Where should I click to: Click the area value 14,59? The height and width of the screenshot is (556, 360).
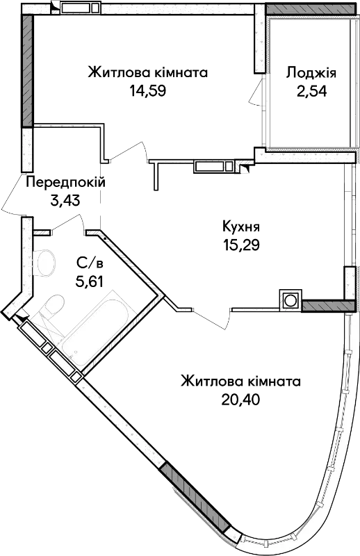coord(148,91)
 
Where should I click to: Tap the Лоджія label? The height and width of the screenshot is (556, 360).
coord(311,73)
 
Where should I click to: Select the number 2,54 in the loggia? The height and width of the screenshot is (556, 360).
coord(312,91)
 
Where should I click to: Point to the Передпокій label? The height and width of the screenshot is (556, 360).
coord(66,183)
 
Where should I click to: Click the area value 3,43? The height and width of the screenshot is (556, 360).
coord(65,201)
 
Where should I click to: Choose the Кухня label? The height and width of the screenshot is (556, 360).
coord(241,227)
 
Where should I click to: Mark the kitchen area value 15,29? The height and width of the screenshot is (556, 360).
coord(241,245)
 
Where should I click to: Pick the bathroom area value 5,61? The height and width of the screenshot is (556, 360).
coord(89,282)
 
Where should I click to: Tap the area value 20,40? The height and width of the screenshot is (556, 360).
coord(241,400)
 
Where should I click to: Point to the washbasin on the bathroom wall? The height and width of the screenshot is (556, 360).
coord(45,263)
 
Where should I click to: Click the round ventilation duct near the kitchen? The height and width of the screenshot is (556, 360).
coord(291,301)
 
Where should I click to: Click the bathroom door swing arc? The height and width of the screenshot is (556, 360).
coord(67,223)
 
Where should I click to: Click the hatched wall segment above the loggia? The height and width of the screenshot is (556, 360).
coord(310,9)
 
